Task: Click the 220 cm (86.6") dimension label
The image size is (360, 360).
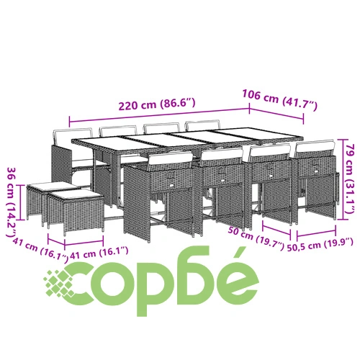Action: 157,104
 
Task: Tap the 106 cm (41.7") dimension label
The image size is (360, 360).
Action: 280,99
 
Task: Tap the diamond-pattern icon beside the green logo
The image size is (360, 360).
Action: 58,284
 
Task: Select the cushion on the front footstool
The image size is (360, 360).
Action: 76,194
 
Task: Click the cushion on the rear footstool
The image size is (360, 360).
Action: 53,185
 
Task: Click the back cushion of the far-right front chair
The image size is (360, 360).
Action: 315,147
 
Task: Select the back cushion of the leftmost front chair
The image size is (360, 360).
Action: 170,158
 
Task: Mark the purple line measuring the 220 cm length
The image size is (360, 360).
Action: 159,114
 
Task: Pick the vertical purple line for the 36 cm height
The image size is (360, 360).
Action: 21,202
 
